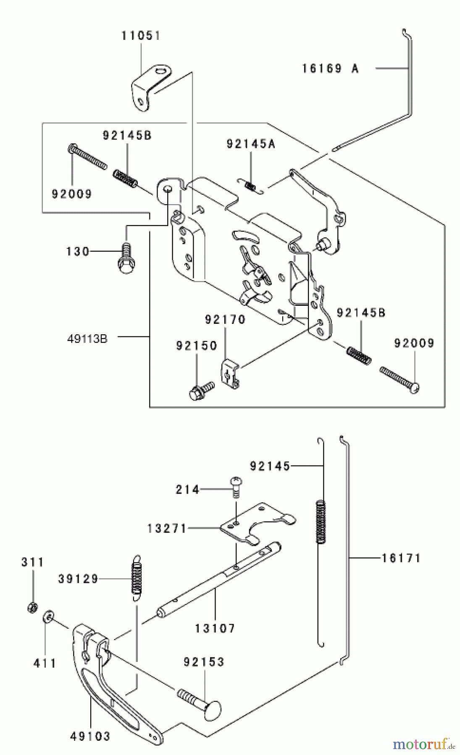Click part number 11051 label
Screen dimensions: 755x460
pos(141,36)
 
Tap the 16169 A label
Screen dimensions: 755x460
pos(331,68)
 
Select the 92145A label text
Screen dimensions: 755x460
pos(251,144)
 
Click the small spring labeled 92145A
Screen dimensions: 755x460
pos(251,185)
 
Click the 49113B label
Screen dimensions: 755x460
pos(87,338)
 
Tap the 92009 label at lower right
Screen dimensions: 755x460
pos(414,344)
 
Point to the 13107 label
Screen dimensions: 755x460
pos(215,628)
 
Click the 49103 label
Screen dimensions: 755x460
pos(90,736)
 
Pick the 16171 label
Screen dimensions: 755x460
pos(401,558)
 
